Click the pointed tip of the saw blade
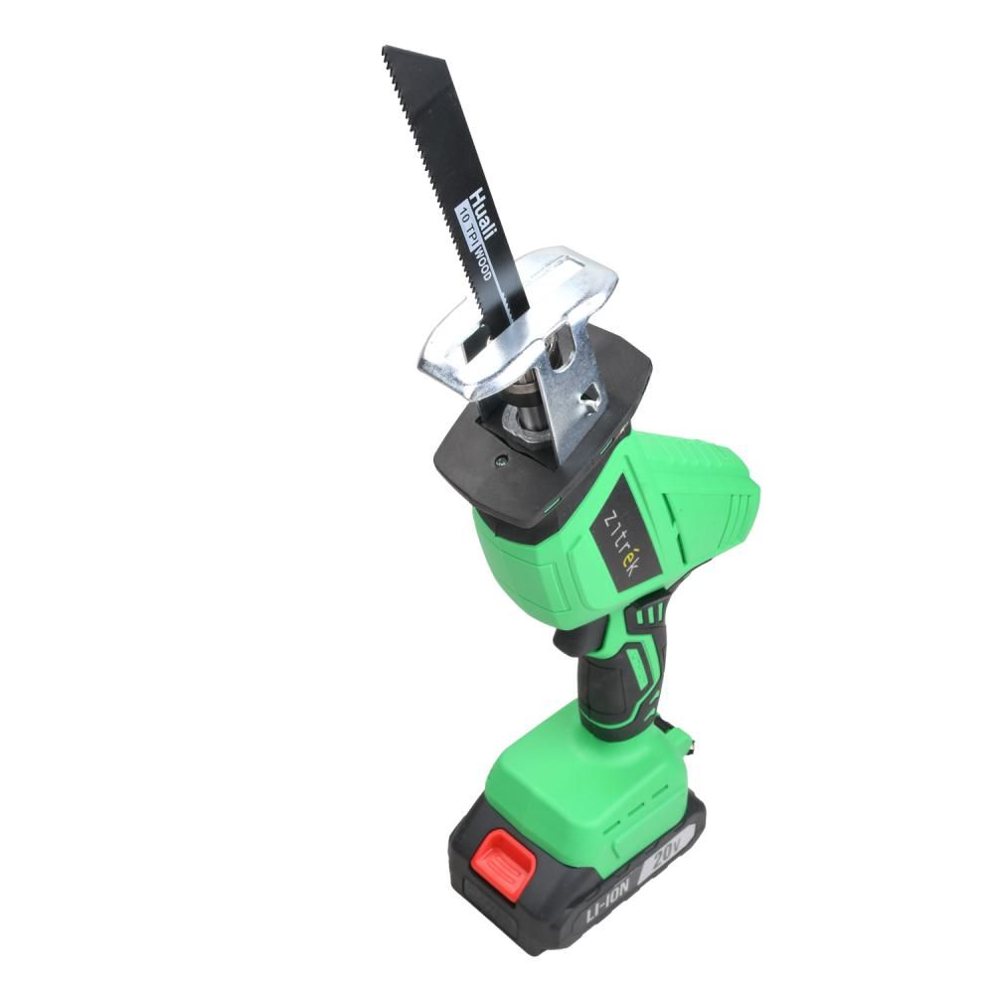[x=384, y=47]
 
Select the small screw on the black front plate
[x=501, y=461]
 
